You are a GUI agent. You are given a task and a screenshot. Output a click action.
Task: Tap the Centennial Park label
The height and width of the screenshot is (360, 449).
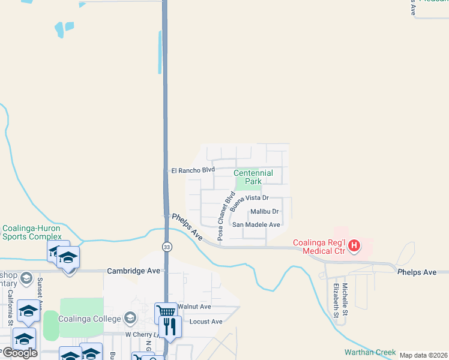point(253,177)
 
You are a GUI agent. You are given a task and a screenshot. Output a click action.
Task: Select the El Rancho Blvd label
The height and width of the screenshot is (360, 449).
point(193,170)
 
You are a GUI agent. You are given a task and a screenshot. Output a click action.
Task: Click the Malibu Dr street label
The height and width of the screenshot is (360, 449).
point(265,211)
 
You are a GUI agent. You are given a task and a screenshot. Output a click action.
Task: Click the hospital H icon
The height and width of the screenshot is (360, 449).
point(354,245)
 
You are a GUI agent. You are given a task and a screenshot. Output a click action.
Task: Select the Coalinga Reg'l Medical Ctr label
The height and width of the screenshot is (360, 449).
point(318,247)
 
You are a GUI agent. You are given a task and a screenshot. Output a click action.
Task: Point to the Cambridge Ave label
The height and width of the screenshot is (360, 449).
point(133,271)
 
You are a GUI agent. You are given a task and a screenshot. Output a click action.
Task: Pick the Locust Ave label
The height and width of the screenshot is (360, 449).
point(206,322)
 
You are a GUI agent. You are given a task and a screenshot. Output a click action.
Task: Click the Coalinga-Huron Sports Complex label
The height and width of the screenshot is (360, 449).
point(32,232)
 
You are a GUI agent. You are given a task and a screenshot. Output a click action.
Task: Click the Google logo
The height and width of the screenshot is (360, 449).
point(19,353)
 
